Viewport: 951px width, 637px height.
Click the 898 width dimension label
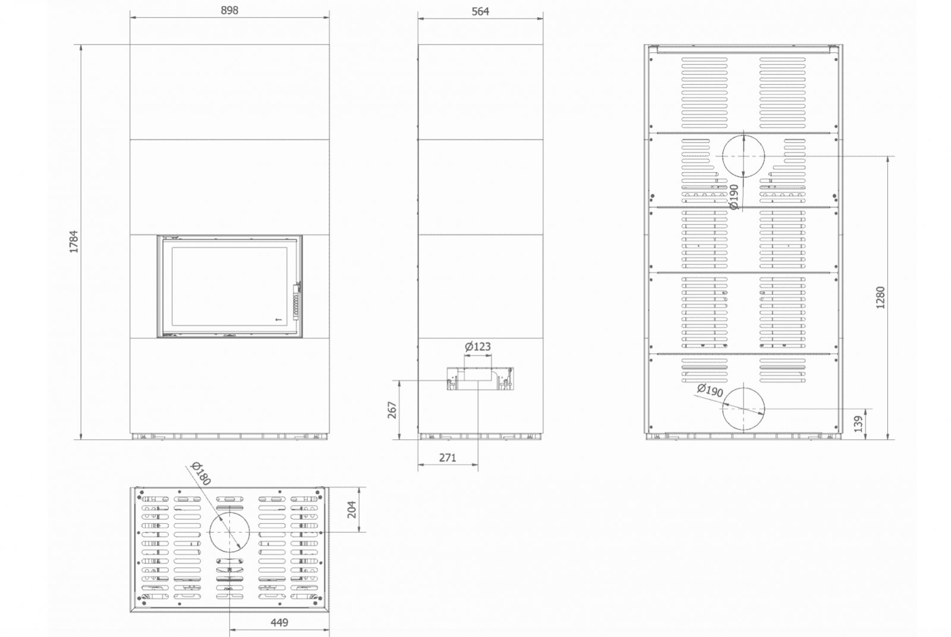click(229, 10)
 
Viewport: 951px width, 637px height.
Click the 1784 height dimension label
click(74, 242)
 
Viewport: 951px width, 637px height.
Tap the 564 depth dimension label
click(480, 11)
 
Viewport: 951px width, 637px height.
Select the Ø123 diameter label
click(478, 347)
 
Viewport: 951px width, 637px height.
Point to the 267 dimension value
click(392, 410)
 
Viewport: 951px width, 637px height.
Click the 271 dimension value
click(448, 458)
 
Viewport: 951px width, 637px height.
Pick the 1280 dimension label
click(880, 297)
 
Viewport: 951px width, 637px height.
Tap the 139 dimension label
click(858, 424)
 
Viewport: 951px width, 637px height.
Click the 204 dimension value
click(352, 509)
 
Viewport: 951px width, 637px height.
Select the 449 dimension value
click(279, 623)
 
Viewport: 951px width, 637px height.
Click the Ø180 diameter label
click(201, 473)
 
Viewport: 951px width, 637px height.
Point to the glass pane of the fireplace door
click(229, 287)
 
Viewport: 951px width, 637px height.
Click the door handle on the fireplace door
click(297, 302)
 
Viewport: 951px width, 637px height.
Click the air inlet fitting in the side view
click(480, 379)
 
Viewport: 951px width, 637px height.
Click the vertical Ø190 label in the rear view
click(733, 197)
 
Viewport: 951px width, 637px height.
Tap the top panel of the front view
click(229, 92)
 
